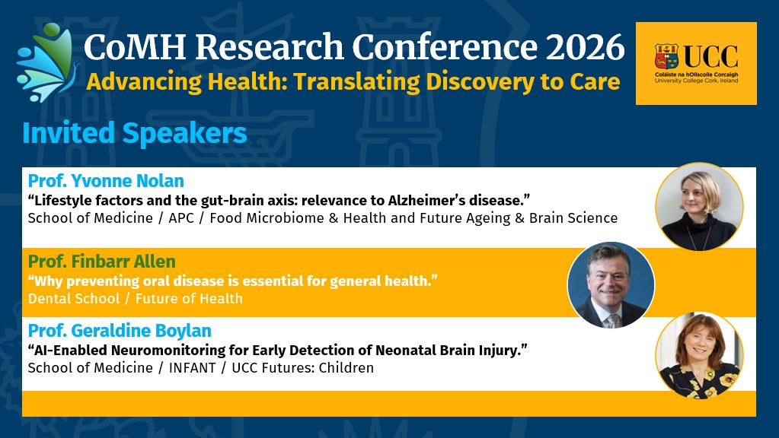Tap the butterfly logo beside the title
click(x=48, y=62)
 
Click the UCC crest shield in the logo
click(x=666, y=56)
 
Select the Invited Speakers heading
click(x=135, y=133)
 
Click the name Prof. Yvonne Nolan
click(x=106, y=180)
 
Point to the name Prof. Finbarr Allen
click(x=102, y=261)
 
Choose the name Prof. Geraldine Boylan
click(x=120, y=330)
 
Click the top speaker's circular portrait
click(x=699, y=206)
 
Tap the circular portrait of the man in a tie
click(x=611, y=285)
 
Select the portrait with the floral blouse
click(x=700, y=355)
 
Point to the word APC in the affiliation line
click(x=181, y=218)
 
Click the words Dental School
click(x=74, y=299)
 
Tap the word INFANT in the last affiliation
click(x=192, y=368)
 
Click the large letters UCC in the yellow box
click(x=710, y=56)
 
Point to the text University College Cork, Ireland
click(x=696, y=81)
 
